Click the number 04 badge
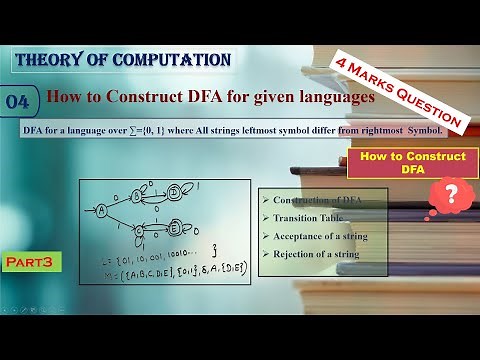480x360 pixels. [22, 102]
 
